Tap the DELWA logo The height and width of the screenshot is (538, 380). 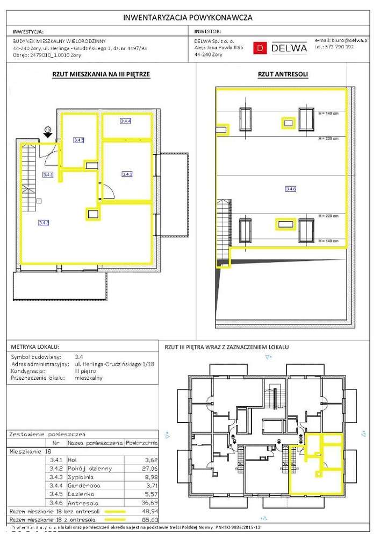(x=282, y=47)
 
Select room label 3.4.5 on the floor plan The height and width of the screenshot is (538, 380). (x=78, y=140)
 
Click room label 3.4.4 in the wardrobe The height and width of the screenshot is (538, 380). (x=125, y=121)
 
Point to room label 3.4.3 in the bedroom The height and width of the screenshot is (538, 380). (x=127, y=174)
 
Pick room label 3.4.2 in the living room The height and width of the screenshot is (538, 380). (x=44, y=222)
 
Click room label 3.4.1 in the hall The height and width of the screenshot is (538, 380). (x=47, y=174)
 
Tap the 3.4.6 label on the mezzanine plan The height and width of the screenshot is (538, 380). (x=291, y=189)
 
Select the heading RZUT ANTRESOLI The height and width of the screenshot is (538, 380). (x=279, y=75)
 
